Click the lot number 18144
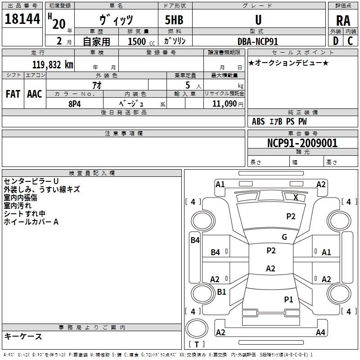pyautogui.click(x=22, y=19)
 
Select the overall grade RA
pyautogui.click(x=343, y=21)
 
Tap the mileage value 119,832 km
pyautogui.click(x=53, y=65)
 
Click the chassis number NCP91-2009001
pyautogui.click(x=302, y=143)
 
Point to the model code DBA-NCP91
pyautogui.click(x=258, y=41)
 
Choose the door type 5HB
pyautogui.click(x=174, y=20)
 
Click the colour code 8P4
pyautogui.click(x=75, y=104)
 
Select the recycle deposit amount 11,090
pyautogui.click(x=224, y=104)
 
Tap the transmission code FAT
pyautogui.click(x=13, y=94)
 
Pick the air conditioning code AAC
pyautogui.click(x=35, y=94)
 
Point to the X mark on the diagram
pyautogui.click(x=296, y=197)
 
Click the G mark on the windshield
pyautogui.click(x=284, y=237)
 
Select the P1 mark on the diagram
pyautogui.click(x=288, y=299)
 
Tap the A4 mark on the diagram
pyautogui.click(x=320, y=332)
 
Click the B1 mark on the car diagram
pyautogui.click(x=221, y=292)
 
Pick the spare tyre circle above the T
pyautogui.click(x=197, y=328)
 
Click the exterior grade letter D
pyautogui.click(x=335, y=41)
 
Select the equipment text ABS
pyautogui.click(x=258, y=121)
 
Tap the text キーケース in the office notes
pyautogui.click(x=23, y=336)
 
